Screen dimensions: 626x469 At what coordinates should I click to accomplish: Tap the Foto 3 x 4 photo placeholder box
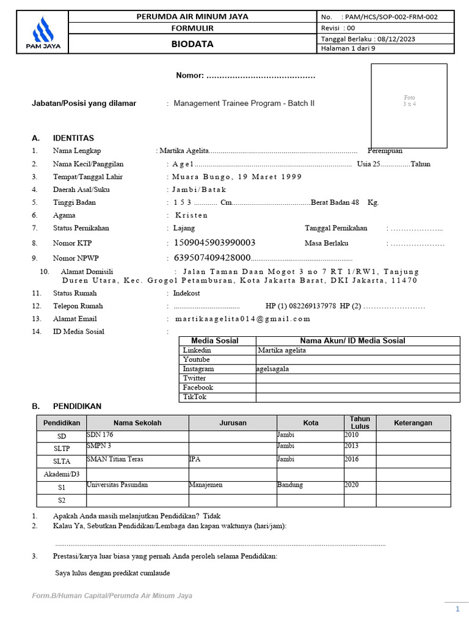tap(409, 101)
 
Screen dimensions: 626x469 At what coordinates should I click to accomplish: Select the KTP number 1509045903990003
tap(215, 243)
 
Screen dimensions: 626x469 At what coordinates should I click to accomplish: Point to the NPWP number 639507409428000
tap(213, 257)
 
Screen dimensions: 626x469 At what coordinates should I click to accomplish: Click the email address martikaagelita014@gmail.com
tap(242, 319)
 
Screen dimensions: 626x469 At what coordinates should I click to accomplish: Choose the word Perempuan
tap(385, 150)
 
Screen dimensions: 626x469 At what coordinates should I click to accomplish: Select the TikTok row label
tap(195, 397)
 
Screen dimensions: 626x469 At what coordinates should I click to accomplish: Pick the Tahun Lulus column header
tap(360, 422)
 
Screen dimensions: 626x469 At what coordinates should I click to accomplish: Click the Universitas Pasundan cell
tap(117, 485)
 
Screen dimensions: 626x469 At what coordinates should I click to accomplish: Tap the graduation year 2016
tap(352, 458)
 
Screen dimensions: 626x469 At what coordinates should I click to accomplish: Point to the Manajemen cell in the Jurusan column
tap(206, 485)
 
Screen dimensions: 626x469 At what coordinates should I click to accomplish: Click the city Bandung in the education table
tap(290, 485)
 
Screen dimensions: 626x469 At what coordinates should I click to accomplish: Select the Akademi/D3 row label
tap(62, 474)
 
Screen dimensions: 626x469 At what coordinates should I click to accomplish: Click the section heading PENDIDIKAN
tap(77, 406)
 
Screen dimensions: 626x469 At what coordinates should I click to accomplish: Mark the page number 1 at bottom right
tap(457, 609)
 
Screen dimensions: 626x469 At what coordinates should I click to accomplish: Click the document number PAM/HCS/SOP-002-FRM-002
tap(390, 17)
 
